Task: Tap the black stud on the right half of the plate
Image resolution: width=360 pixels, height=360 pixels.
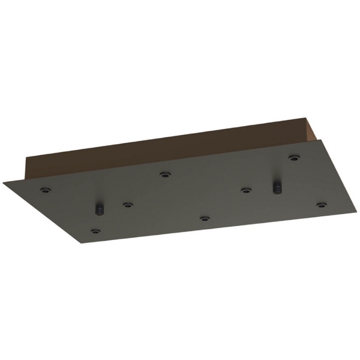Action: (277, 187)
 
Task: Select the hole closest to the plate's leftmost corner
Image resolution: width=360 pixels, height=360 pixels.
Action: (44, 191)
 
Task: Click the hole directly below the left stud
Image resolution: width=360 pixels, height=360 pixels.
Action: (95, 230)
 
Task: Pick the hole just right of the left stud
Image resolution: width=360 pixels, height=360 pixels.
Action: (127, 205)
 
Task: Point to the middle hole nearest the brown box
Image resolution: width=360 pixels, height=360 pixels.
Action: (164, 175)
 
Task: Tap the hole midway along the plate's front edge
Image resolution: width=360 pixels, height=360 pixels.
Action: (205, 219)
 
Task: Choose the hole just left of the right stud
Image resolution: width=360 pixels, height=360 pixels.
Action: (245, 190)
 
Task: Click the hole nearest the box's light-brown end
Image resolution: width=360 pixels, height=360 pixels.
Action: (293, 158)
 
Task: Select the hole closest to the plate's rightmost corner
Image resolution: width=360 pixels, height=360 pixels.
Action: (322, 205)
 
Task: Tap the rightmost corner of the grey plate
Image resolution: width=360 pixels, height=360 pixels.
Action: (356, 211)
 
